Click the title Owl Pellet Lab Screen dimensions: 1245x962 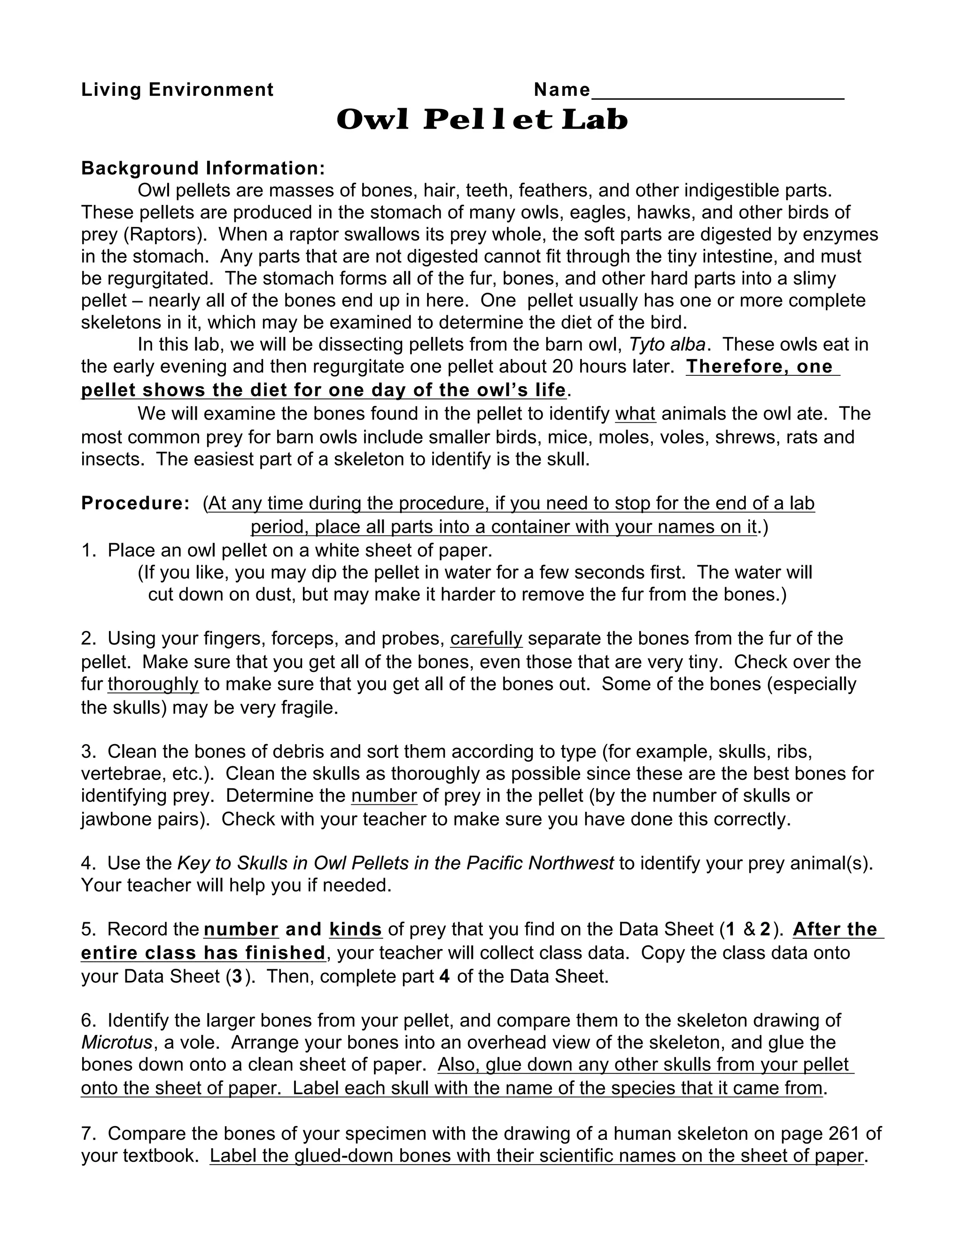point(481,120)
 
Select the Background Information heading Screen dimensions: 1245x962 point(203,168)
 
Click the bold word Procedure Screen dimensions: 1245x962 point(134,503)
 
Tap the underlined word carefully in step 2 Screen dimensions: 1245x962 point(486,638)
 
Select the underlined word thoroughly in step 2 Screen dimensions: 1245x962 point(153,684)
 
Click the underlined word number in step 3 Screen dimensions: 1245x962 point(384,795)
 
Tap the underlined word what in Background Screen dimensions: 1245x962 point(636,413)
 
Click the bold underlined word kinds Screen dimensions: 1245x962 point(355,929)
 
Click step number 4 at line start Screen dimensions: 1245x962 point(88,863)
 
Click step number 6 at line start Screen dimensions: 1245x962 point(88,1020)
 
